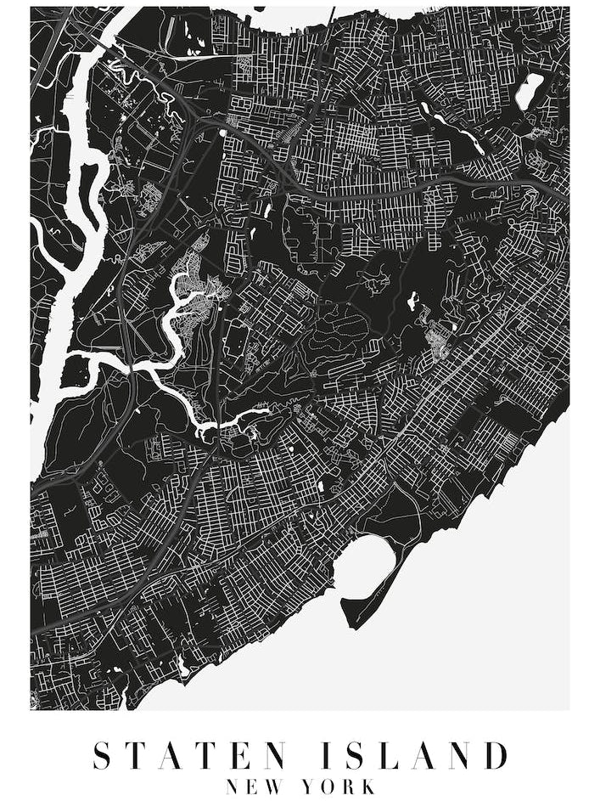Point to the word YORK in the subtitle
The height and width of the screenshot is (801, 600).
coord(340,787)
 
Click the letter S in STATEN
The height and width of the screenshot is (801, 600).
coord(102,755)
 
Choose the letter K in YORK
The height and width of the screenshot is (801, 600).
coord(367,787)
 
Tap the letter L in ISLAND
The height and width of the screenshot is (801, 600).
coord(397,755)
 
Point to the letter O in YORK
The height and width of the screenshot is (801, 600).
coord(330,787)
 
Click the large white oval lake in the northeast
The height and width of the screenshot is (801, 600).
coord(529,91)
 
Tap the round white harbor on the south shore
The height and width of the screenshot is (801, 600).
coord(367,565)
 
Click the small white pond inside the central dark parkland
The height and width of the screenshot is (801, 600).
coord(413,299)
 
